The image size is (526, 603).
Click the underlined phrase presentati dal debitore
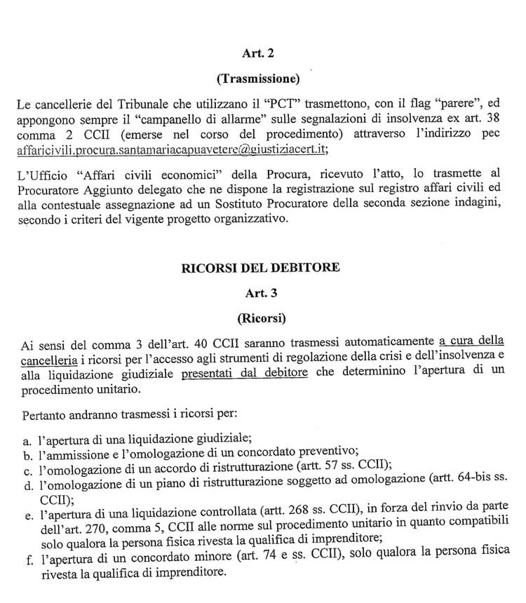point(244,374)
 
